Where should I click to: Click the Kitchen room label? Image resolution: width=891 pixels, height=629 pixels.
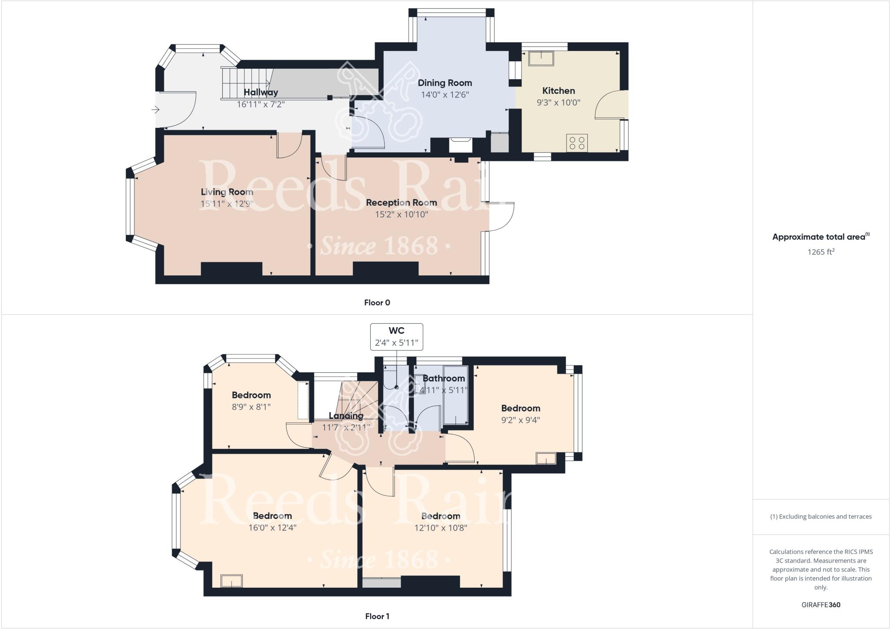point(559,91)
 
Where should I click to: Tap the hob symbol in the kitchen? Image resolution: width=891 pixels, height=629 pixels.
point(577,143)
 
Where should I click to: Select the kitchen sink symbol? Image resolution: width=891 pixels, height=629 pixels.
point(541,58)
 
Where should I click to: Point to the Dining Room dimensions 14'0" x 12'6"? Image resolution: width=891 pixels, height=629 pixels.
point(445,95)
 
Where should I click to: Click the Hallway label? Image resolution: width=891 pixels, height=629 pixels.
point(261,92)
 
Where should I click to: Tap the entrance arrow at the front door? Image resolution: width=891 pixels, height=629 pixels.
point(155,110)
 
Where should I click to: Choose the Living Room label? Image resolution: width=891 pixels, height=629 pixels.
point(227,192)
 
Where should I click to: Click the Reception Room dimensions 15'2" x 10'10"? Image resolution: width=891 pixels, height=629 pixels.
point(402,214)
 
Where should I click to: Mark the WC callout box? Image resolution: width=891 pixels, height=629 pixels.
point(396,337)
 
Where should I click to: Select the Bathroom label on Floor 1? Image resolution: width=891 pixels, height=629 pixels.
point(444,378)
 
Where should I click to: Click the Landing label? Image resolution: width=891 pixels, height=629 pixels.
point(346,415)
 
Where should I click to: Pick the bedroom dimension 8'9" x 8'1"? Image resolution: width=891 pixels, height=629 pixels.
point(251,407)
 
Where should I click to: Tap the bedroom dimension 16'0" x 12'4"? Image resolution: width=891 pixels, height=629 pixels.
point(272,528)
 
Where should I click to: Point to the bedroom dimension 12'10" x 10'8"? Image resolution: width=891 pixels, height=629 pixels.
point(441,528)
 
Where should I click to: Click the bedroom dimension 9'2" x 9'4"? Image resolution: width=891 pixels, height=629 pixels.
point(520,420)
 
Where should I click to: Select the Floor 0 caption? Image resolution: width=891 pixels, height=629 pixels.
point(377,303)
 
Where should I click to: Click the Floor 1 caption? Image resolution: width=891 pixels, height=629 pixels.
point(377,616)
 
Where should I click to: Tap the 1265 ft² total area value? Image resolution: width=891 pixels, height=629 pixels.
point(821,252)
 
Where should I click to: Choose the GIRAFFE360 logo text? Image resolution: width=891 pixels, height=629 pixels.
point(821,605)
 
